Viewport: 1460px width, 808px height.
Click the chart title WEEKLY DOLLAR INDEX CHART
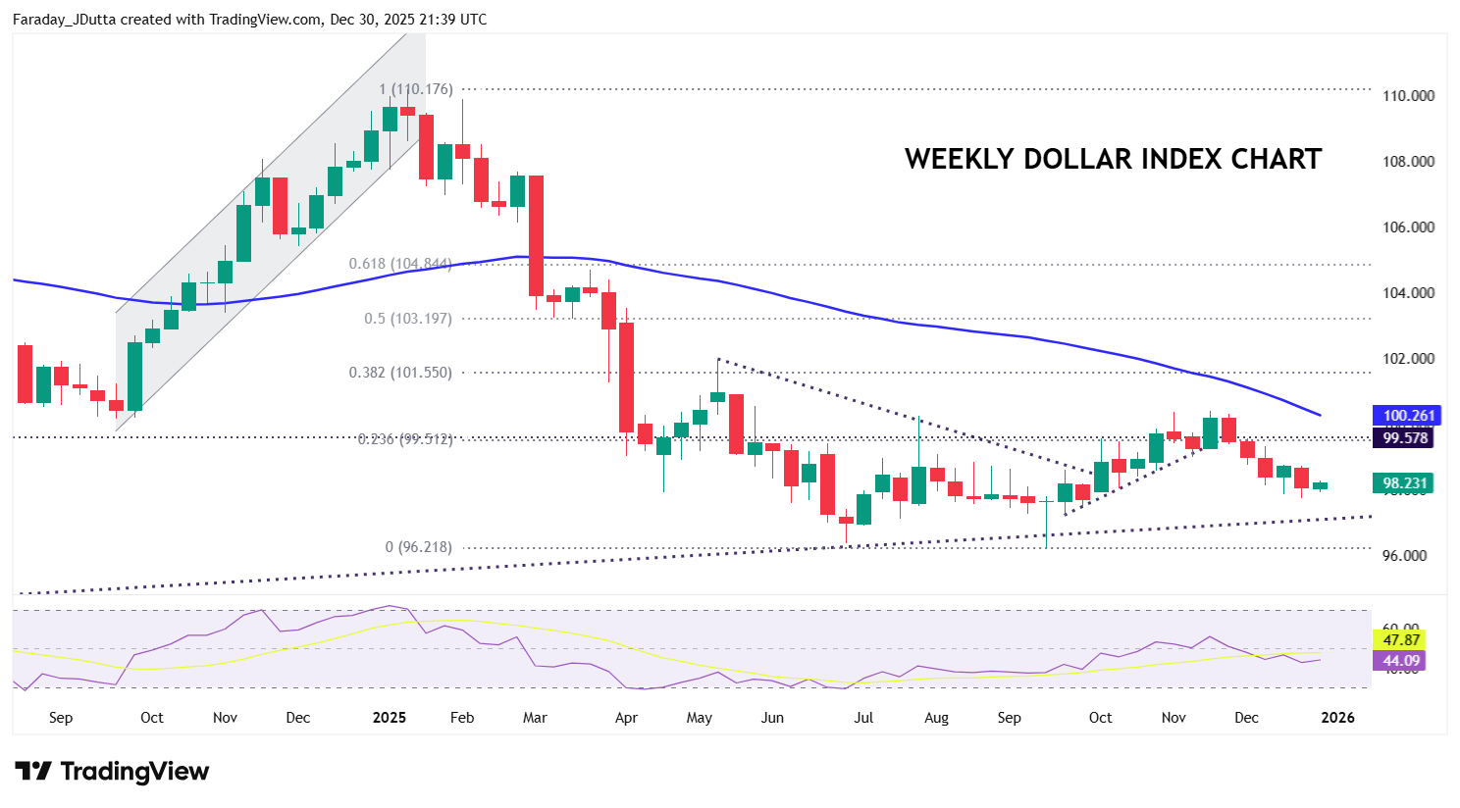click(1113, 159)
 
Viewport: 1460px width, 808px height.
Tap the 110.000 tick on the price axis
click(1408, 96)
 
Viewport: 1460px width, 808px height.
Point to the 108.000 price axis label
click(1408, 162)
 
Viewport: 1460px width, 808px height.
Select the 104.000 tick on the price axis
click(1408, 293)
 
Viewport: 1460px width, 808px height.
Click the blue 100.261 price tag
click(1408, 416)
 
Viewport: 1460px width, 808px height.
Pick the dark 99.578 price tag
click(1405, 438)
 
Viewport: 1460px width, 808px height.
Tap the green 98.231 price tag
click(1405, 483)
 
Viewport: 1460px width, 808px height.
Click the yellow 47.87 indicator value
click(1401, 640)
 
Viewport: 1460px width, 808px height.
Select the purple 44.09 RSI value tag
click(1401, 661)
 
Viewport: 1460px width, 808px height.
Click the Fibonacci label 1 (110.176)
click(417, 89)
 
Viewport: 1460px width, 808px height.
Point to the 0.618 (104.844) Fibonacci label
click(400, 264)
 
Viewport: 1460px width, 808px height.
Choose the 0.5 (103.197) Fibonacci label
click(408, 319)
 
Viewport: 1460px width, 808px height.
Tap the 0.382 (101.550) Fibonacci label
click(400, 373)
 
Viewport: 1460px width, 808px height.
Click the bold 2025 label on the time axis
click(390, 718)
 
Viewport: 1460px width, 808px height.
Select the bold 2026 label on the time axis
click(1338, 718)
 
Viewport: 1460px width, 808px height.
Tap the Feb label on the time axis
click(462, 718)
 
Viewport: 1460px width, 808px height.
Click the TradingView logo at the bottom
click(112, 772)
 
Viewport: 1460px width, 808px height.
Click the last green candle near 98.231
click(1320, 485)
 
